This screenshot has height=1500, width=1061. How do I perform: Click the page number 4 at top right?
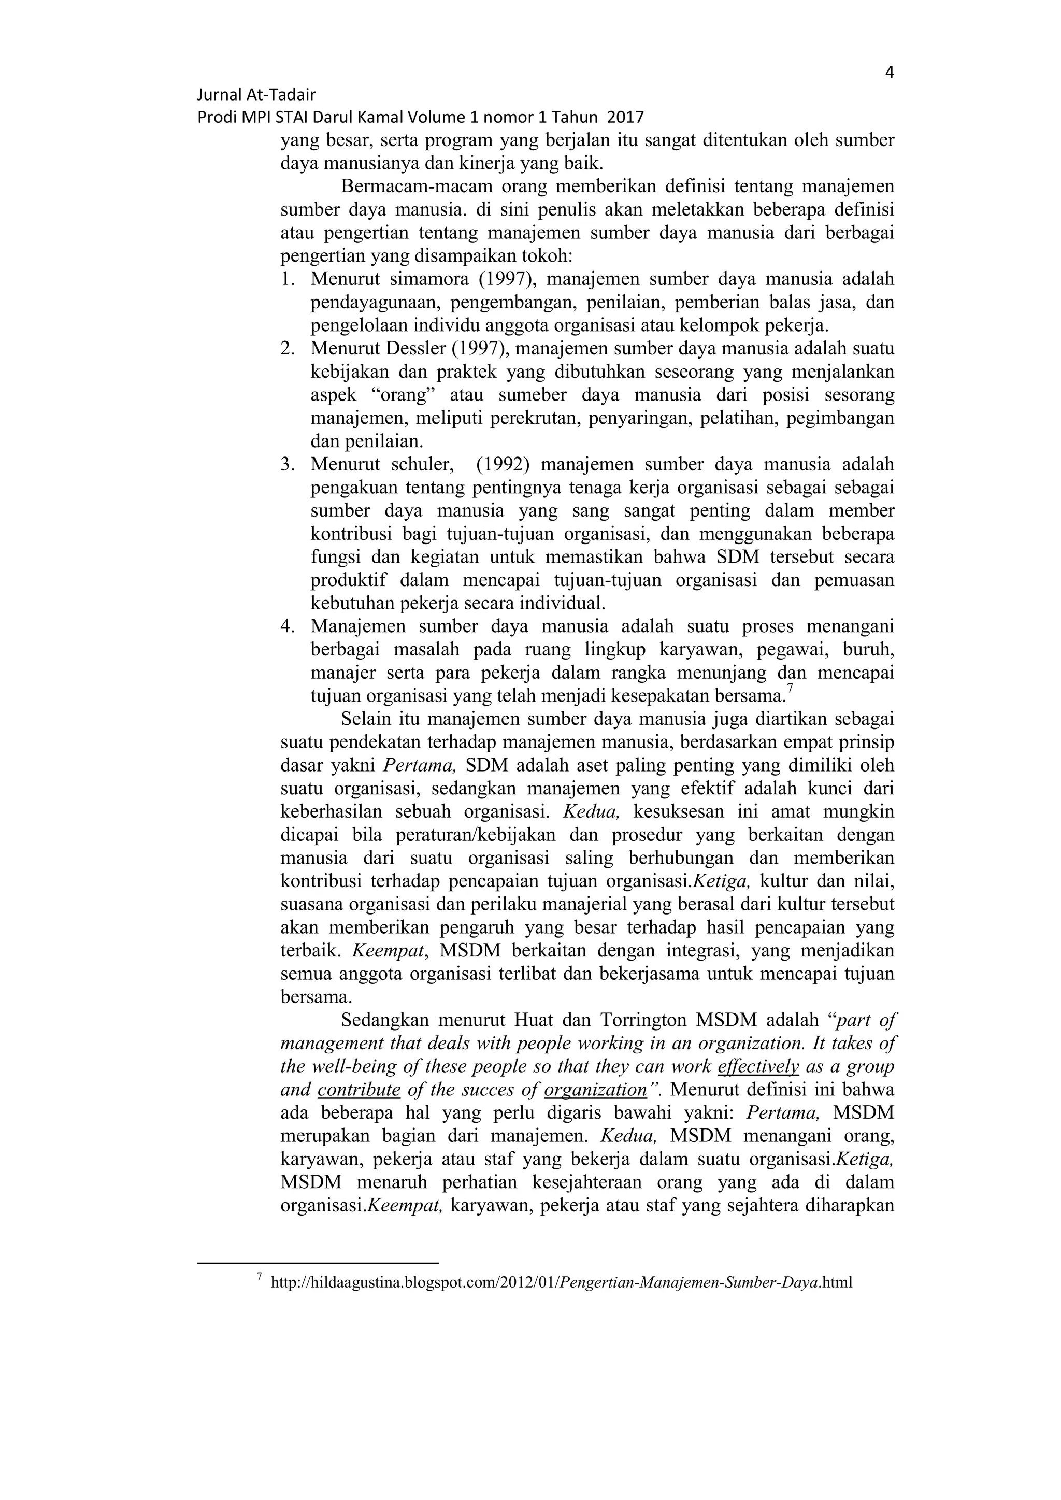(x=889, y=72)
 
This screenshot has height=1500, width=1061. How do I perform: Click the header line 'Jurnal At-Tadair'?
(x=256, y=95)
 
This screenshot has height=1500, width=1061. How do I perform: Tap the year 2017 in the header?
(x=625, y=118)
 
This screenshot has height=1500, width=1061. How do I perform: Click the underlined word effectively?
(x=758, y=1067)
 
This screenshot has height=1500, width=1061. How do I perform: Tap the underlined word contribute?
(x=359, y=1090)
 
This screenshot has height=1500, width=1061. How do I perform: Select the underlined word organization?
(x=595, y=1090)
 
